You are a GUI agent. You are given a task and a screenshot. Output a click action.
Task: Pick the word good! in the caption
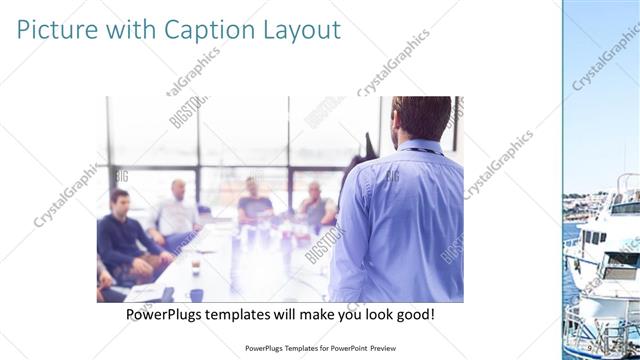point(412,314)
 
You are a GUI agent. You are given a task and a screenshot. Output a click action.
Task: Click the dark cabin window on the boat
point(591,238)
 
